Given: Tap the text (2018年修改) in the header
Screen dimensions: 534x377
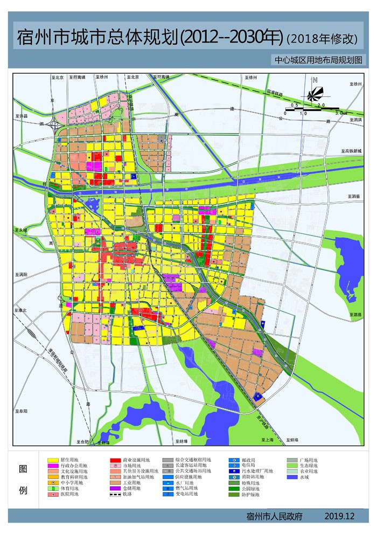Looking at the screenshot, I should coord(322,38).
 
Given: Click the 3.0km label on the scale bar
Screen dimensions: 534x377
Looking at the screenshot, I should coord(342,113).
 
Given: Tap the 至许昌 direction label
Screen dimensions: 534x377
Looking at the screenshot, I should coord(22,115).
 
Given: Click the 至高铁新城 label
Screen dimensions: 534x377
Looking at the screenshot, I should coord(351,151).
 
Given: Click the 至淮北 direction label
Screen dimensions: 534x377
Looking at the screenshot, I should coord(21,310).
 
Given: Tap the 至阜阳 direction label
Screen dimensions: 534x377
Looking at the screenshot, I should coord(21,411).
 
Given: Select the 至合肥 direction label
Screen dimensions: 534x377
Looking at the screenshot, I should coord(82,442).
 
